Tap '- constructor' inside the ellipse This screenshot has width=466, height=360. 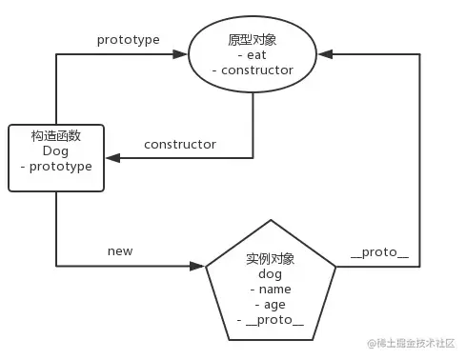coord(252,70)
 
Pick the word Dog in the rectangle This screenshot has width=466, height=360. coord(55,150)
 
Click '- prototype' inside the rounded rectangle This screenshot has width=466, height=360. coord(55,167)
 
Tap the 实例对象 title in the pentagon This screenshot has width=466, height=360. coord(272,258)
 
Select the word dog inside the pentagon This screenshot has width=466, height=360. coord(272,273)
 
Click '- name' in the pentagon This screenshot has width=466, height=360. coord(272,290)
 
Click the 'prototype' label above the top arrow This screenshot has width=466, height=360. coord(128,40)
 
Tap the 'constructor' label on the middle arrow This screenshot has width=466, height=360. coord(179,145)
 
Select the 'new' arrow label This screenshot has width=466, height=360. coord(121,250)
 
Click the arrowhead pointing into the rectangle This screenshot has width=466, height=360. coord(110,158)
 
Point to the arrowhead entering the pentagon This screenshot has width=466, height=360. coord(200,265)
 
